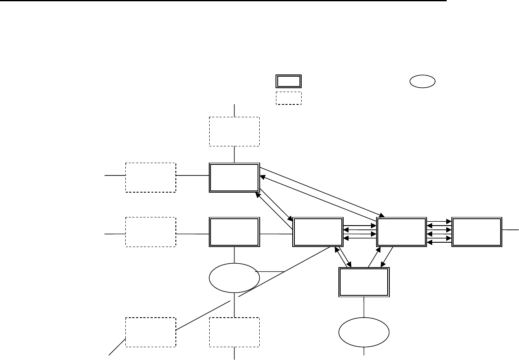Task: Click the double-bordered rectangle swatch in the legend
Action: pos(288,81)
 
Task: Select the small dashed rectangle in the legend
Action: pos(288,98)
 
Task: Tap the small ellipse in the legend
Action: pos(422,81)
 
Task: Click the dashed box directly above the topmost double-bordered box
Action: pos(234,131)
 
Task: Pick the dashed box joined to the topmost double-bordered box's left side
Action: pos(151,177)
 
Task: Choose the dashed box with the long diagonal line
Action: pos(151,332)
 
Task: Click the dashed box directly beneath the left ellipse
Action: pos(234,332)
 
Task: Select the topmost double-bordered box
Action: pos(234,177)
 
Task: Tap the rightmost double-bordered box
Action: pos(477,232)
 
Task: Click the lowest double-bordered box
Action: pos(364,282)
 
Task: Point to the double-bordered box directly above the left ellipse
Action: pos(234,232)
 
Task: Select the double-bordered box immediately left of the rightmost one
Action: pos(401,232)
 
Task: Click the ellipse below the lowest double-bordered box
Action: pos(364,333)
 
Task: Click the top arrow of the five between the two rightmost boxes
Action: pos(439,222)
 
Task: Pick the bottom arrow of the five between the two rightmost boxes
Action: pos(439,242)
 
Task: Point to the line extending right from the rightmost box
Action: pos(510,230)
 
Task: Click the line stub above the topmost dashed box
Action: pos(234,110)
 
